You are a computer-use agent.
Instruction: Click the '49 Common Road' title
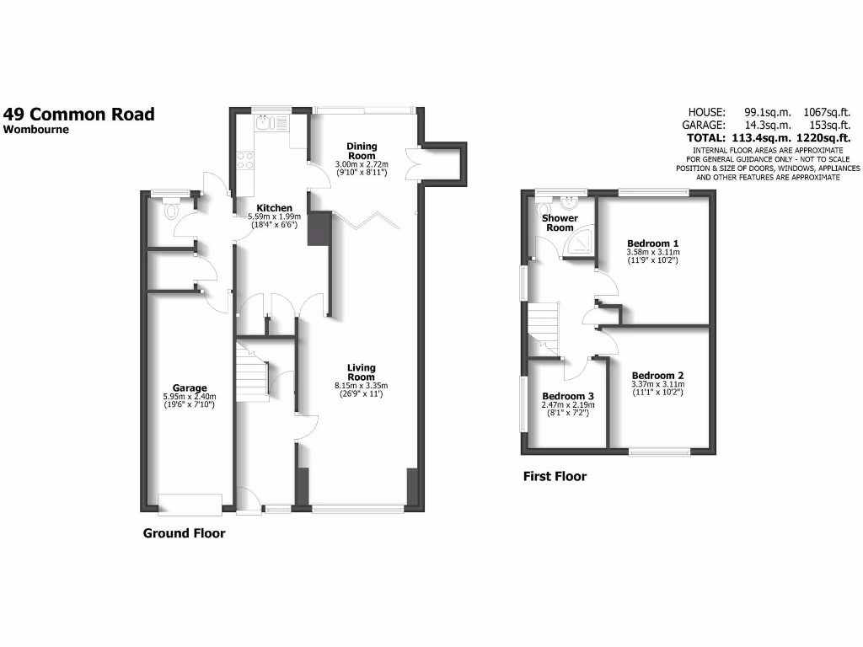tap(79, 114)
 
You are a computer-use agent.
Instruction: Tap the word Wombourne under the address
tap(36, 130)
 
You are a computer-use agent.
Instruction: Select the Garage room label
tap(190, 388)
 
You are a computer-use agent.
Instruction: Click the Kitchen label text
tap(275, 208)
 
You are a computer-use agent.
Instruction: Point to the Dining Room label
tap(362, 151)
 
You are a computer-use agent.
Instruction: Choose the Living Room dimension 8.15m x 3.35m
tap(361, 386)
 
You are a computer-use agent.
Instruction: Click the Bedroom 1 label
tap(653, 243)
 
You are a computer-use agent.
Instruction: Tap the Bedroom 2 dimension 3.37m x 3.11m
tap(658, 385)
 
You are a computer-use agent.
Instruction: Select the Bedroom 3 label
tap(567, 396)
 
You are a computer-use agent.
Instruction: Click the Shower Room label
tap(560, 223)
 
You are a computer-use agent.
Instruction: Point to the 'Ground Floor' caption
tap(184, 533)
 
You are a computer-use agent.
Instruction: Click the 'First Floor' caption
tap(555, 477)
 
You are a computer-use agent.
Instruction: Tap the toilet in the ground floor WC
tap(175, 207)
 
